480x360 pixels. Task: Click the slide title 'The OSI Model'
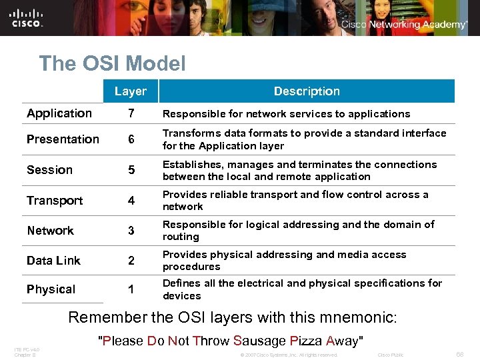coord(112,63)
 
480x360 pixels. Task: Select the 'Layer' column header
coord(130,91)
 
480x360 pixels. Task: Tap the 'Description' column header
coord(307,91)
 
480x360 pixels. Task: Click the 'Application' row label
coord(59,113)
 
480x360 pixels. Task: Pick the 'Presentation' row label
coord(63,139)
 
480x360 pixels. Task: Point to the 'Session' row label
coord(49,170)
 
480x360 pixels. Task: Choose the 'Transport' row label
coord(55,201)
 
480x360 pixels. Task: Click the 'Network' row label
coord(50,231)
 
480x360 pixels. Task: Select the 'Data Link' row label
coord(53,261)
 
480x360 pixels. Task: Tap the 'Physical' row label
coord(51,289)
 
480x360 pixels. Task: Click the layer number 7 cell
coord(131,114)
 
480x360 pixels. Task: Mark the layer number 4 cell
coord(131,201)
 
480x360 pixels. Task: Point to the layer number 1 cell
coord(131,290)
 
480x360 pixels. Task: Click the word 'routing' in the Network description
coord(181,237)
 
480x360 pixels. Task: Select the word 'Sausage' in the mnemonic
coord(260,341)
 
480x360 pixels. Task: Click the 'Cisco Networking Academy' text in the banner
coord(404,25)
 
